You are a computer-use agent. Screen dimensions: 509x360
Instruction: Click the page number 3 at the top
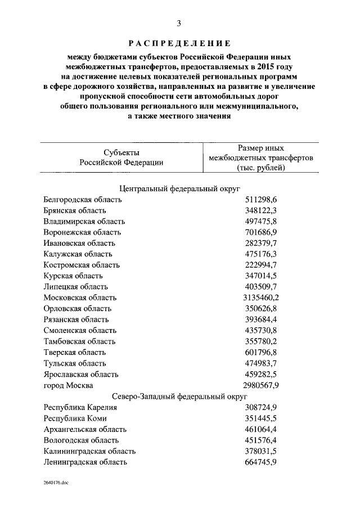(179, 23)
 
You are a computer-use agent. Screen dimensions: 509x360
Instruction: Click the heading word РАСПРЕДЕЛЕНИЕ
(179, 43)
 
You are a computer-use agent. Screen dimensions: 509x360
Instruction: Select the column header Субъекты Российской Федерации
(121, 157)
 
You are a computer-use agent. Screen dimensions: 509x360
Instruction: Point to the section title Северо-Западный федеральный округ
(180, 396)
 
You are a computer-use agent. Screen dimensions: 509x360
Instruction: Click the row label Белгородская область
(82, 200)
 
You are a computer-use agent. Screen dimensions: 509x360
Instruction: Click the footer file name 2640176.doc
(55, 484)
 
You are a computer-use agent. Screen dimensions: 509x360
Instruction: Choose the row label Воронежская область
(82, 232)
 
